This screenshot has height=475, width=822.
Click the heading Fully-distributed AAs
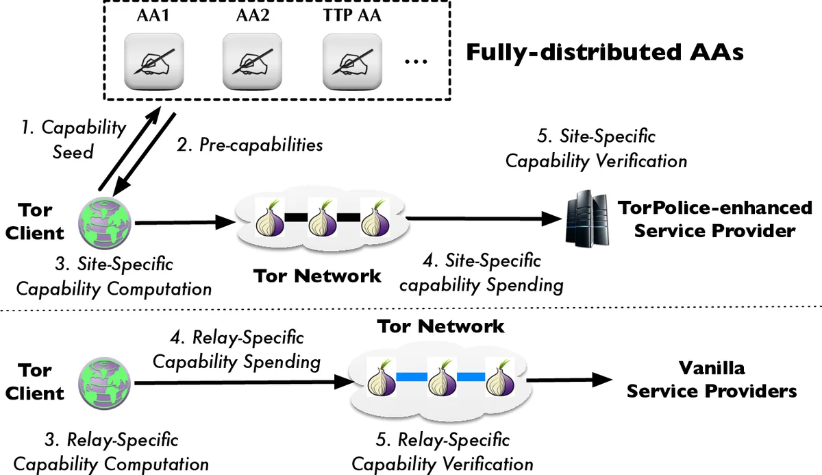pos(604,53)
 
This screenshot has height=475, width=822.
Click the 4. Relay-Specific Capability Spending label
pos(236,350)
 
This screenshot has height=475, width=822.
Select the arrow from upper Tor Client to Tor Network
pos(182,221)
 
